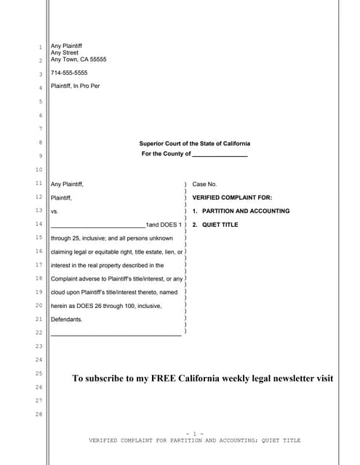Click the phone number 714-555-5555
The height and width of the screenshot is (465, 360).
coord(69,73)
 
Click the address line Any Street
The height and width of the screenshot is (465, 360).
coord(64,52)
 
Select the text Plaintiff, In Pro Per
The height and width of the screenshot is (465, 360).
coord(76,86)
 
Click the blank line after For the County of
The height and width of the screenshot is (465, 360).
coord(220,154)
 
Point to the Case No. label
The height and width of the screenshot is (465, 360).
coord(204,185)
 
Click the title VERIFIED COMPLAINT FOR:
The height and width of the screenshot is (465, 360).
coord(232,198)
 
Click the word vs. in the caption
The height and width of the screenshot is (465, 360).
coord(55,211)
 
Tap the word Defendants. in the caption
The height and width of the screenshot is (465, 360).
coord(67,319)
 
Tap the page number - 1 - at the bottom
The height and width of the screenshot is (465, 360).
coord(194,433)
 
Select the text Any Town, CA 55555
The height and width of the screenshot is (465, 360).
coord(79,60)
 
